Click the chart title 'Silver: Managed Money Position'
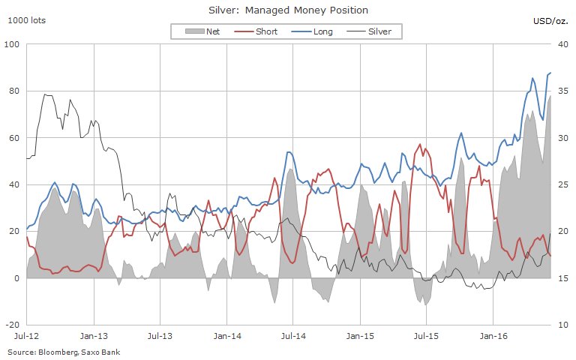coord(287,10)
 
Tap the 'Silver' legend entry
coord(378,31)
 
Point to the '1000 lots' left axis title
coord(26,20)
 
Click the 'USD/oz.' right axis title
coord(553,20)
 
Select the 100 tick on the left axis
coord(12,44)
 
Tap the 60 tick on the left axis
coord(14,138)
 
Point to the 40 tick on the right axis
coord(565,44)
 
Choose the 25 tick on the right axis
coord(565,184)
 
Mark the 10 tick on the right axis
coord(565,325)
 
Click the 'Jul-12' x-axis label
coord(27,338)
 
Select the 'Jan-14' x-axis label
coord(226,338)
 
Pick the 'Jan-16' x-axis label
coord(492,338)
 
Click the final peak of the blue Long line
coord(550,73)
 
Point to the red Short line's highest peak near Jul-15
coord(420,144)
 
